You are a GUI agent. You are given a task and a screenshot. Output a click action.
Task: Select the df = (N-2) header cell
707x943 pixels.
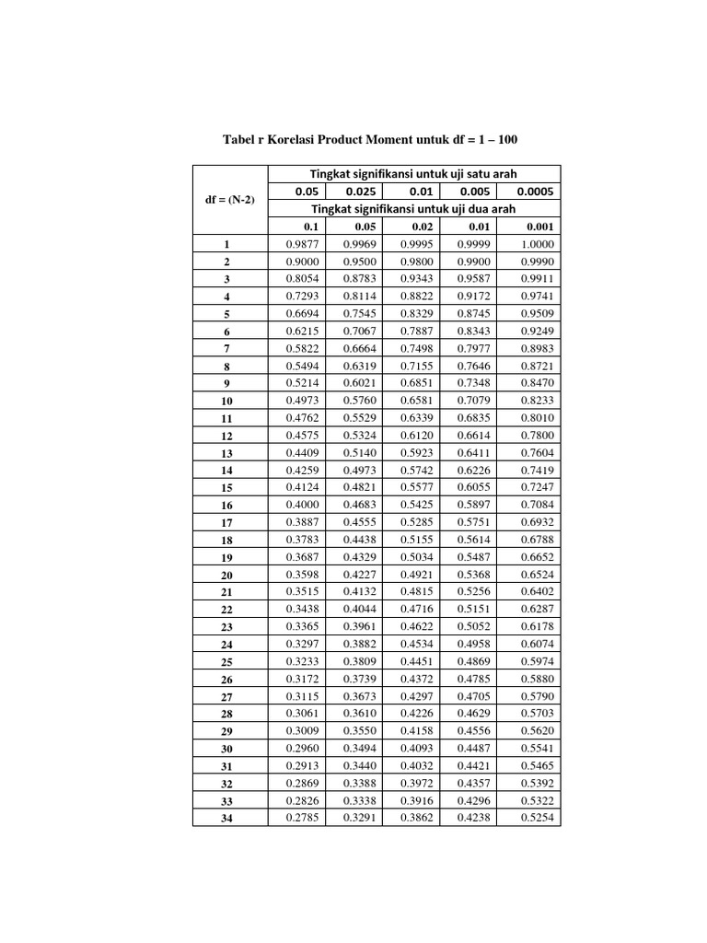point(229,200)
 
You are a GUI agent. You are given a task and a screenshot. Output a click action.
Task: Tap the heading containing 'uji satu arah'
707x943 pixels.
point(412,174)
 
